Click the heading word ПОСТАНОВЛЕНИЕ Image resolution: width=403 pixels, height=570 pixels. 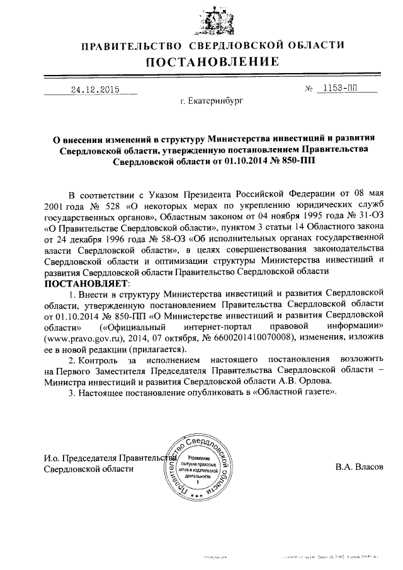point(212,62)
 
